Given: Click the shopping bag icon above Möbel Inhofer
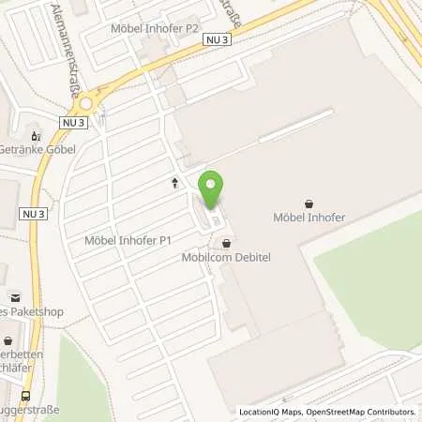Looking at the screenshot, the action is (x=309, y=202).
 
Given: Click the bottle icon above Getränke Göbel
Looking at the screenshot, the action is (x=37, y=133).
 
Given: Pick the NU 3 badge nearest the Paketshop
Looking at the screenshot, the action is (x=33, y=214).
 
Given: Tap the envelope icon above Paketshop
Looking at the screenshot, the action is (x=3, y=271).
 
